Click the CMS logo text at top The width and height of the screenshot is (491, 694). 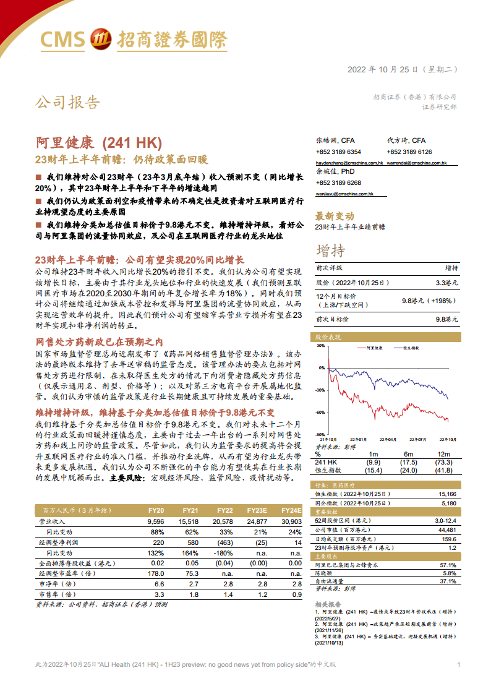[x=62, y=40]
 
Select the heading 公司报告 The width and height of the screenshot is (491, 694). [x=67, y=102]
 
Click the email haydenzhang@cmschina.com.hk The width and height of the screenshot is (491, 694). [x=349, y=163]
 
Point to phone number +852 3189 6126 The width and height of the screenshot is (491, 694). [x=409, y=152]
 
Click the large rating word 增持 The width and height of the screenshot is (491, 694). [x=331, y=251]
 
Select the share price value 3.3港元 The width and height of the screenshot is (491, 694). [x=446, y=282]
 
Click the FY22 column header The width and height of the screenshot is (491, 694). [x=224, y=510]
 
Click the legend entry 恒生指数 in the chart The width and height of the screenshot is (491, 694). [x=413, y=348]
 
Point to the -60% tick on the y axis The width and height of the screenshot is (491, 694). [x=320, y=413]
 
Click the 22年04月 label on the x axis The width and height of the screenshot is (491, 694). [x=388, y=439]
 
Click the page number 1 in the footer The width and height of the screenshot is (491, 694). [x=458, y=664]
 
